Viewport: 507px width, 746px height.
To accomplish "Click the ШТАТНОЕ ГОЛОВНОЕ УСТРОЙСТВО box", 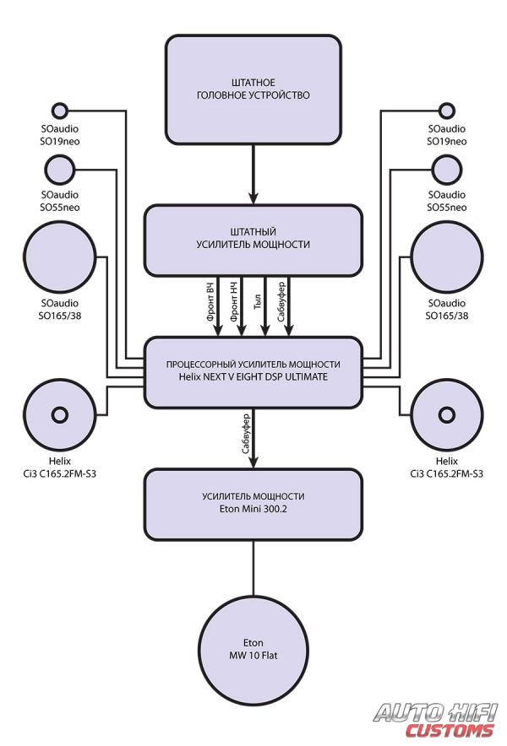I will tap(253, 89).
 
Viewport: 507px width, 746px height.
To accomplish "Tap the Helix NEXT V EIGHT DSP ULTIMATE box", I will tap(253, 371).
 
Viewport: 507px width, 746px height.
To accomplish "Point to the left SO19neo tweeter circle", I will tap(59, 111).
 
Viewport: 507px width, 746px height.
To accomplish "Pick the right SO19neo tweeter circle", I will tap(447, 111).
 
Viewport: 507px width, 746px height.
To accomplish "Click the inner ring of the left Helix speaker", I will tap(59, 414).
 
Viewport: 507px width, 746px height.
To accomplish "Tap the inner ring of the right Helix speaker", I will tap(447, 414).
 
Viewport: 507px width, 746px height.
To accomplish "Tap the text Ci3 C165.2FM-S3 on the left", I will tap(59, 474).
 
